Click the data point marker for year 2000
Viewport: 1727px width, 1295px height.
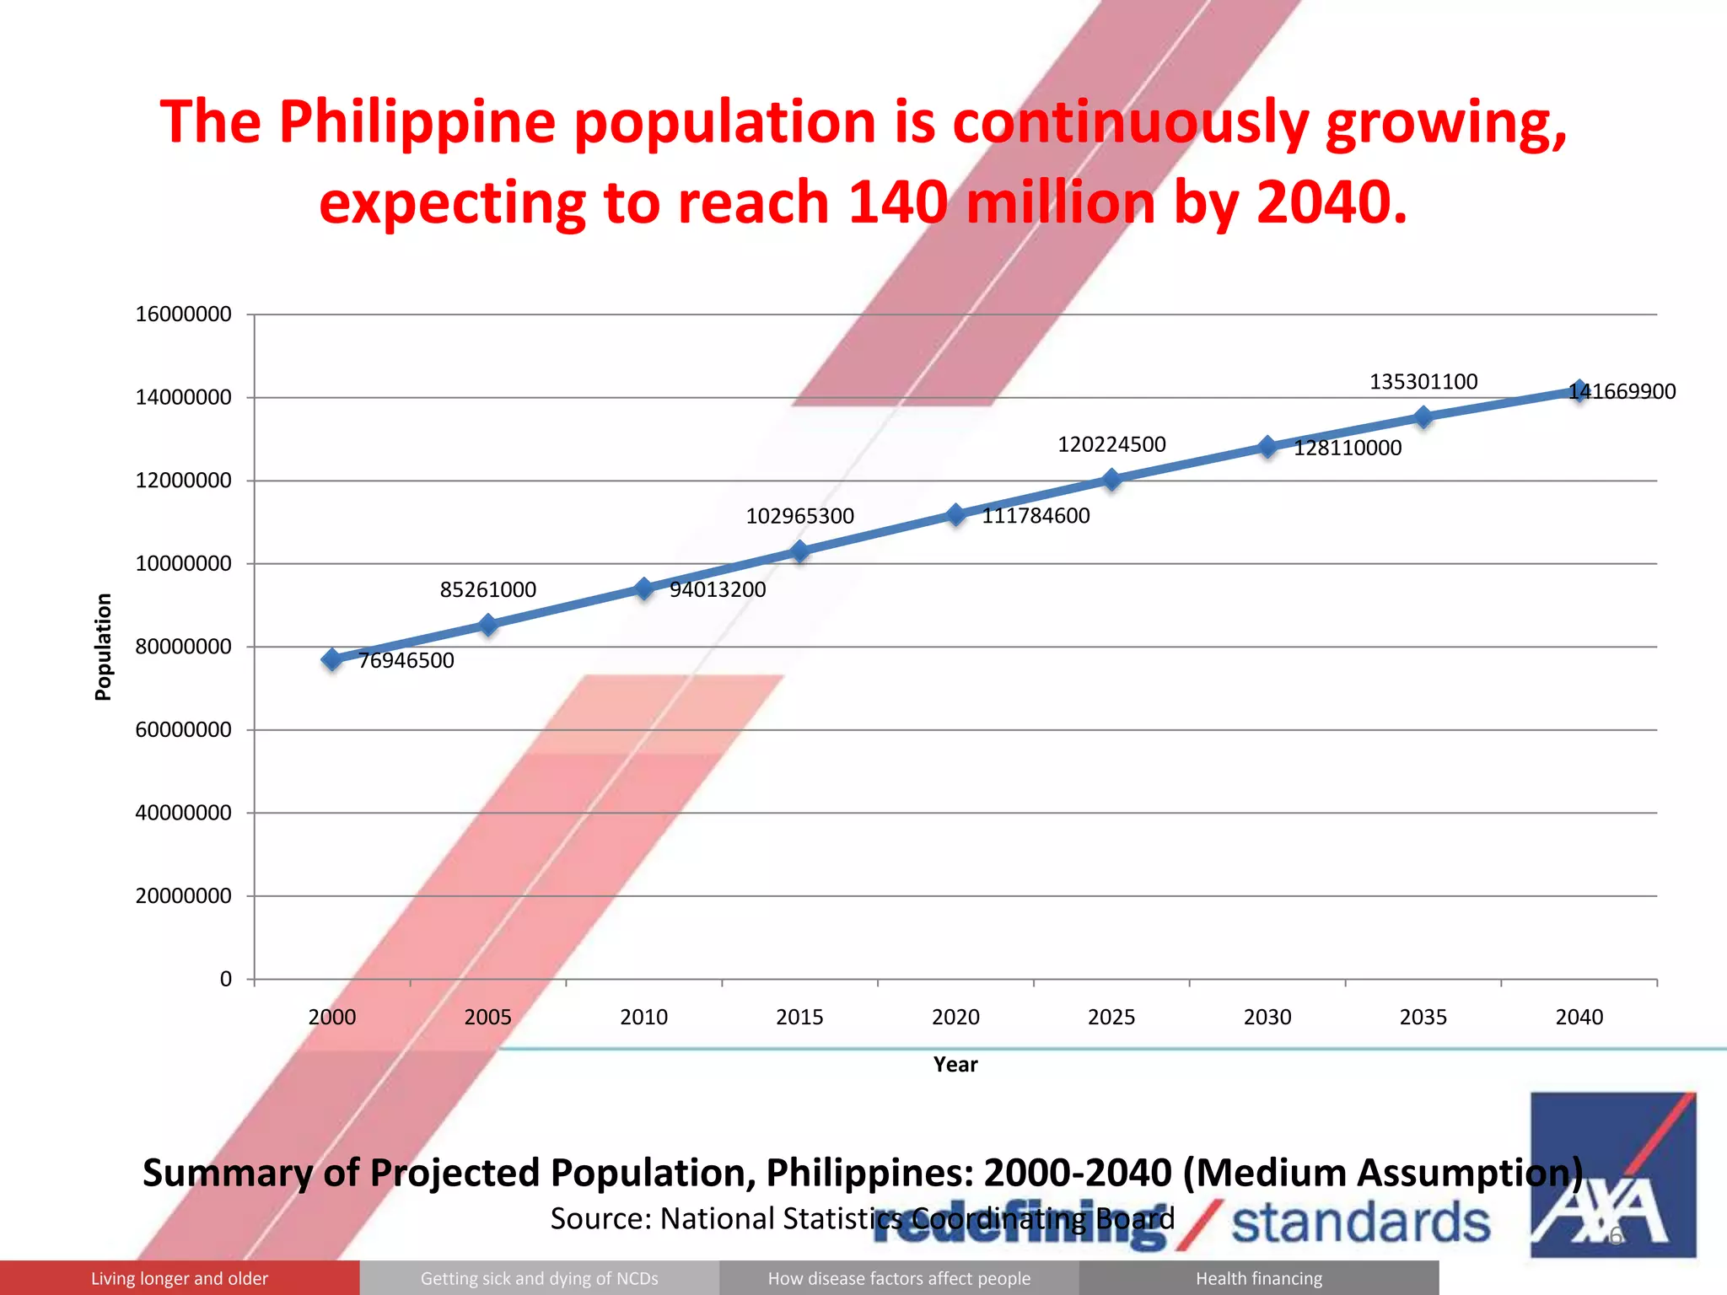tap(332, 659)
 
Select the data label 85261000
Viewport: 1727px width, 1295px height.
tap(487, 589)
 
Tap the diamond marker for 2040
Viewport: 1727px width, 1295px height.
tap(1579, 390)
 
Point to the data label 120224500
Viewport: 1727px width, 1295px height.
tap(1111, 444)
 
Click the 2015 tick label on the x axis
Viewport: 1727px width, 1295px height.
tap(799, 1017)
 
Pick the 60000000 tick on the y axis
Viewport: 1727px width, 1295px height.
tap(183, 730)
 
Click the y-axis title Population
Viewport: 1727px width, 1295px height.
tap(103, 647)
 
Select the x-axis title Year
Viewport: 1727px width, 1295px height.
tap(955, 1065)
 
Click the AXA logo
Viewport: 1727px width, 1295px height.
tap(1612, 1174)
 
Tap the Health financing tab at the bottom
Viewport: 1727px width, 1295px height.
tap(1259, 1278)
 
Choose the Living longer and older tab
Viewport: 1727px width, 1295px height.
tap(180, 1278)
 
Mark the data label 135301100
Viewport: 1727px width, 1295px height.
tap(1423, 382)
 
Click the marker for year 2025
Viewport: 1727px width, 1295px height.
tap(1111, 480)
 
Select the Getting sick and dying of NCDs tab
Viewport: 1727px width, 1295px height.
tap(540, 1278)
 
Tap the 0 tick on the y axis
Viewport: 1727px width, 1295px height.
tap(225, 980)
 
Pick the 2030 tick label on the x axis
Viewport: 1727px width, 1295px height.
tap(1267, 1017)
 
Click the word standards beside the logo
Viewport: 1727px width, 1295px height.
tap(1361, 1224)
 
